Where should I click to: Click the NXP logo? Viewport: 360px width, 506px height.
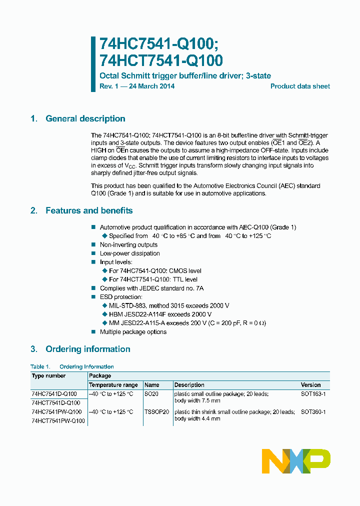[296, 460]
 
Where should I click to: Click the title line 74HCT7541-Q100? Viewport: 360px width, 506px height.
[161, 60]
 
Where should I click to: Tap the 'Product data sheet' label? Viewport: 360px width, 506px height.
[300, 86]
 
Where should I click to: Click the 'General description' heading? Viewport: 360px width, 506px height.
[85, 119]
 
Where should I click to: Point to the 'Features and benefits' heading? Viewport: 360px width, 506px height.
[89, 211]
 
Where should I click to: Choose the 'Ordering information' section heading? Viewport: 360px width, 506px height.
[87, 349]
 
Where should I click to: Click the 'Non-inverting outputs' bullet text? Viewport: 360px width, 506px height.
[128, 245]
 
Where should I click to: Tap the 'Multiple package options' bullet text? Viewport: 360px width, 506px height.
[133, 332]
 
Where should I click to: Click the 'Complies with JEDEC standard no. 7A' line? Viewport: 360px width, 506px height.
[151, 288]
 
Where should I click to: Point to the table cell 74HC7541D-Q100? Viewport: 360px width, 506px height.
[54, 394]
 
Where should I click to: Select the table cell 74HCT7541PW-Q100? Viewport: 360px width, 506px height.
[56, 421]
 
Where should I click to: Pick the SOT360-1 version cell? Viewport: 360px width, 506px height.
[313, 412]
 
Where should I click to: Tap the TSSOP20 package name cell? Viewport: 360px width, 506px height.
[156, 412]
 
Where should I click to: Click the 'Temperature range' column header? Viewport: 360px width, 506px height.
[113, 385]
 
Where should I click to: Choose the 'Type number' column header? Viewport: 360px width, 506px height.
[48, 376]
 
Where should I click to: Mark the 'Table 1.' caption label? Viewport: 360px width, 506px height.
[40, 367]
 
